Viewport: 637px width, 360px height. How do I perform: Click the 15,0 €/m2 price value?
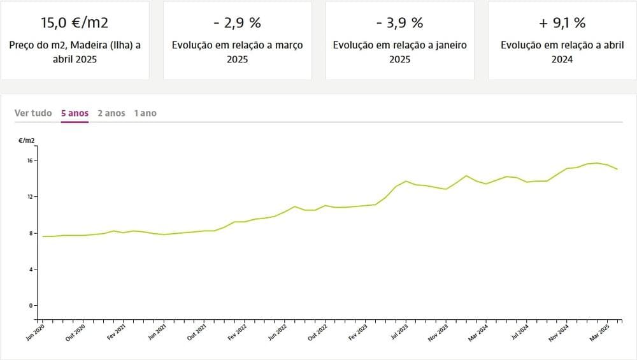(75, 23)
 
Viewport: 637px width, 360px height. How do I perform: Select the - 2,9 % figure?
(237, 23)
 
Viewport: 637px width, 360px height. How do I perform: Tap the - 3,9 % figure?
(399, 23)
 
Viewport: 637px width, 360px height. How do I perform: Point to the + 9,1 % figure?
(562, 23)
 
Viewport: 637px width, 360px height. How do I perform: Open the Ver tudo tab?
(33, 113)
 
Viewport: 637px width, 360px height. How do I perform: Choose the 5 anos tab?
(75, 113)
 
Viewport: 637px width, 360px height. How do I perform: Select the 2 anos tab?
(111, 113)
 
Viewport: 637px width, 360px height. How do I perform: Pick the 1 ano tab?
(145, 113)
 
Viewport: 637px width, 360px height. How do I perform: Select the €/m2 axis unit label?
(27, 140)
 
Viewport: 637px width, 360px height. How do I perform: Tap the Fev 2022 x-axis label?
(237, 333)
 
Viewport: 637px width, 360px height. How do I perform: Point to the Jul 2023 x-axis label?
(399, 333)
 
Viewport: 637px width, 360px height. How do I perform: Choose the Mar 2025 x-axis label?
(600, 333)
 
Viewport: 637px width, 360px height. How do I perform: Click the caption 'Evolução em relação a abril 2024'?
(562, 52)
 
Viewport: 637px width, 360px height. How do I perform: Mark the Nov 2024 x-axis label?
(559, 333)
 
